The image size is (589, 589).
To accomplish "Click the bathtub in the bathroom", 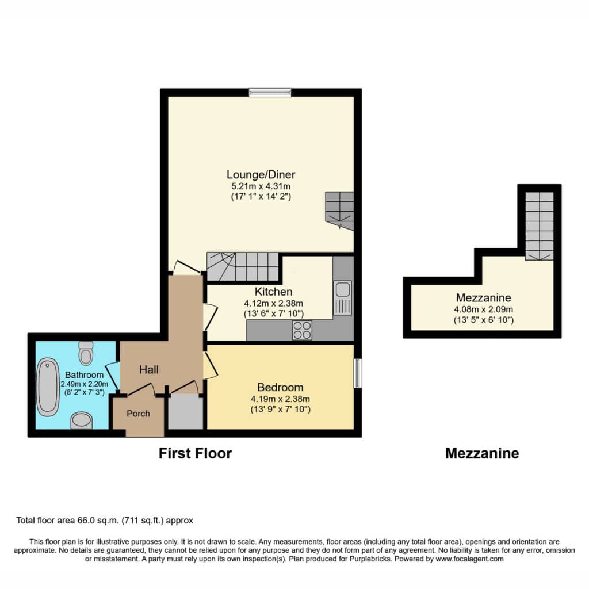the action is tap(48, 387).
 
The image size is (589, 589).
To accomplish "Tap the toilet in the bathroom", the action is tap(86, 353).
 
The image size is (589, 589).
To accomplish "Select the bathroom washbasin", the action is tap(82, 420).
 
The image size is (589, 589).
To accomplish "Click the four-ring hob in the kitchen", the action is tap(302, 330).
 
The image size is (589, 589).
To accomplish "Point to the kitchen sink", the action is tap(343, 297).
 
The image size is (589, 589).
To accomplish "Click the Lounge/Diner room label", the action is tap(261, 174).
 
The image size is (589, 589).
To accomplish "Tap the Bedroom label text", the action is tap(280, 387).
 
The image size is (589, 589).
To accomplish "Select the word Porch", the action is tap(138, 414).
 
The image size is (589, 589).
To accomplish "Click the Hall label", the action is tap(149, 370).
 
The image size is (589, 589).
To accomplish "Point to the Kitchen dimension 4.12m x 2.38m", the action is tap(273, 303).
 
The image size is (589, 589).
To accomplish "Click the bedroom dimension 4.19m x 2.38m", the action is tap(280, 399).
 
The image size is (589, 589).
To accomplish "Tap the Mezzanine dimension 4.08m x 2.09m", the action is tap(483, 309).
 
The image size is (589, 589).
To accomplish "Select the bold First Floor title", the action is tap(196, 453).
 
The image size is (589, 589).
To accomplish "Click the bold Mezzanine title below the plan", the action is tap(482, 453).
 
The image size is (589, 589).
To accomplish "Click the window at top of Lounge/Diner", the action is tap(270, 92).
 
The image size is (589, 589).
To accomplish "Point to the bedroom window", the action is tap(358, 373).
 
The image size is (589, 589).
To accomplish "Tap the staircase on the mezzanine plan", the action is tap(539, 226).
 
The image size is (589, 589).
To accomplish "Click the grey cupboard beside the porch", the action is tap(186, 411).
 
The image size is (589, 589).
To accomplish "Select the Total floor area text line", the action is tap(105, 521).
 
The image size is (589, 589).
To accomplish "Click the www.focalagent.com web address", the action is tap(469, 559).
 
